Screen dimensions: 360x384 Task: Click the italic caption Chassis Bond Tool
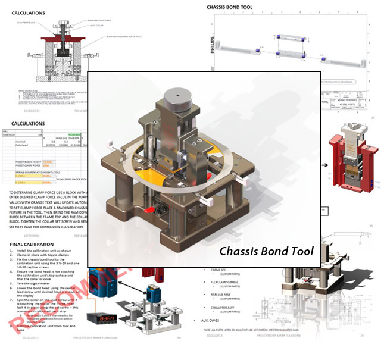tap(265, 251)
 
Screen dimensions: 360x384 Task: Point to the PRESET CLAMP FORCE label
tap(28, 165)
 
